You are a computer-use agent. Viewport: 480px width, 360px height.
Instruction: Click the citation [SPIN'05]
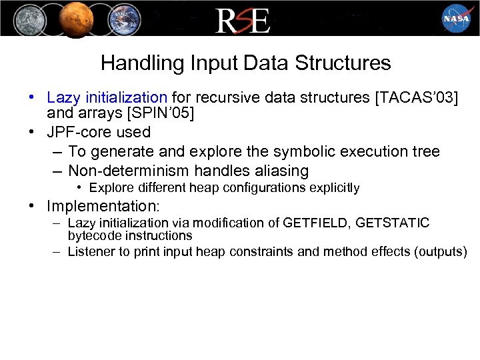(x=155, y=114)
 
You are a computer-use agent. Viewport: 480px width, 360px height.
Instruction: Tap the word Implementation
(x=106, y=205)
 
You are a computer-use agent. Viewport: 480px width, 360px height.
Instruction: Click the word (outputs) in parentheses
(x=441, y=252)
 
